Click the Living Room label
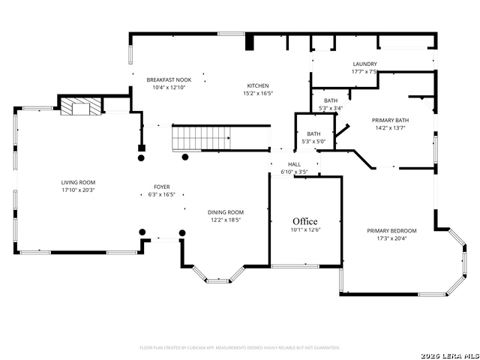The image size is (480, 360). point(78,182)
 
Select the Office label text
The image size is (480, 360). point(305,221)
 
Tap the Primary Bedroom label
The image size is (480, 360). point(391,231)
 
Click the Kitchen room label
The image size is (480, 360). point(258,85)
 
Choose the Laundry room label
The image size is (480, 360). point(364,64)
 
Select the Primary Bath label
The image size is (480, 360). point(391,120)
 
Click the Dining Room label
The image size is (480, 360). point(226,212)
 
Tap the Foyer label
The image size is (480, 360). point(162,187)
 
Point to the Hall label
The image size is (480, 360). point(294,164)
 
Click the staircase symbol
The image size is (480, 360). point(201,138)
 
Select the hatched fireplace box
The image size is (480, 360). point(75,108)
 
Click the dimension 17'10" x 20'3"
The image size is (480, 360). point(78,190)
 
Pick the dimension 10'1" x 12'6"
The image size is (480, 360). point(305,230)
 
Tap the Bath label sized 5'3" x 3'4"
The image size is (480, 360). point(331,108)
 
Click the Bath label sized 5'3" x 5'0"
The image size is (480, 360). point(313,142)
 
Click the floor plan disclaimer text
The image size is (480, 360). point(240,348)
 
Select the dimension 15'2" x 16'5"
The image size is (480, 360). point(258,94)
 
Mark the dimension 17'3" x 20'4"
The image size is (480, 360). point(391,239)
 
